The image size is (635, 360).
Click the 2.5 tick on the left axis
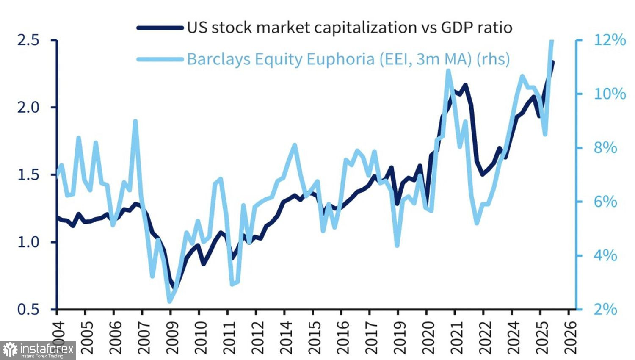point(28,40)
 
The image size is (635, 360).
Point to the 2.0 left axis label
point(28,107)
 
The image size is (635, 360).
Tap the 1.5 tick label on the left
point(28,175)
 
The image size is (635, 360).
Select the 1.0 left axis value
point(28,242)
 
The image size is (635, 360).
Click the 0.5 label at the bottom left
point(28,309)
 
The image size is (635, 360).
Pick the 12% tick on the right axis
point(610,40)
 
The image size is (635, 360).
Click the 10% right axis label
point(610,94)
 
